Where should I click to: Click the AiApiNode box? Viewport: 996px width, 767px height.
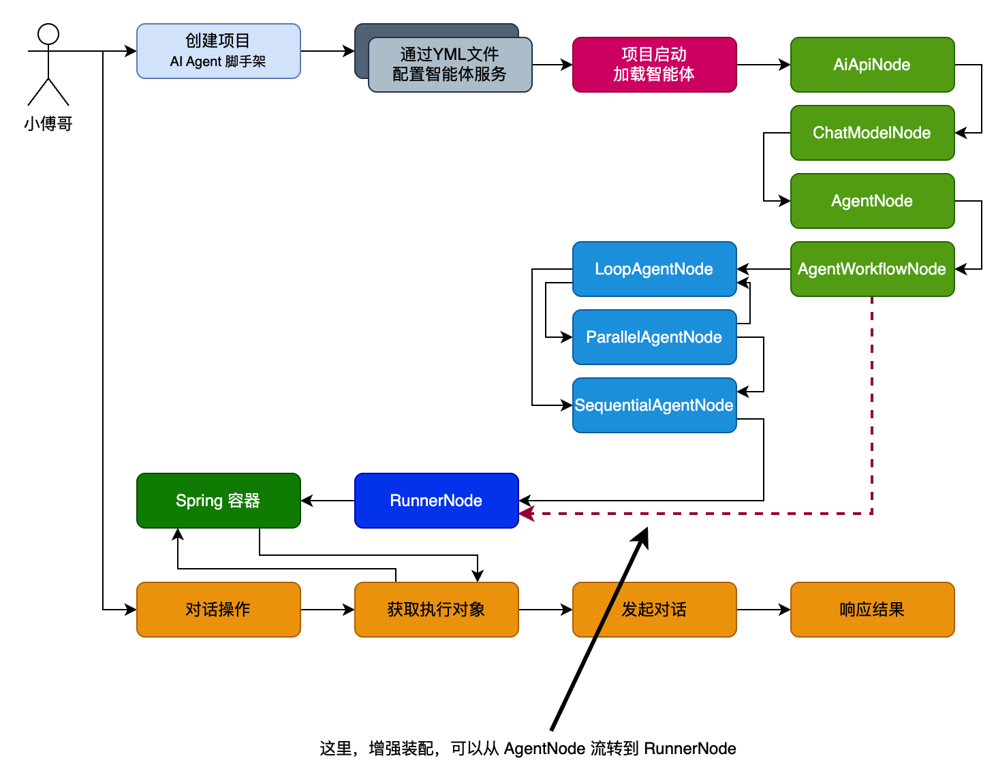pyautogui.click(x=872, y=65)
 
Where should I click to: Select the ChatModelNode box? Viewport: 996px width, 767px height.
pyautogui.click(x=872, y=133)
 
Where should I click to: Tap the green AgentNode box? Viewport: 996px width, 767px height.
pyautogui.click(x=872, y=201)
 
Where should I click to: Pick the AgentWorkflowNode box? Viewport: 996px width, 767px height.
pyautogui.click(x=872, y=269)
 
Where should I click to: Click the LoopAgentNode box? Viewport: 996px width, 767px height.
pyautogui.click(x=654, y=269)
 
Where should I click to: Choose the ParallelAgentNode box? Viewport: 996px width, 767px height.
pyautogui.click(x=654, y=337)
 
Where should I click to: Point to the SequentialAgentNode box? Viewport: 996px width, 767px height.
pyautogui.click(x=654, y=405)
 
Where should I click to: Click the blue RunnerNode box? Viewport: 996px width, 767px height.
pyautogui.click(x=436, y=501)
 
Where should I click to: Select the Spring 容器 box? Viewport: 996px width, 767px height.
pyautogui.click(x=218, y=501)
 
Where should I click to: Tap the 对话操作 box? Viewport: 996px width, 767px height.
pyautogui.click(x=218, y=610)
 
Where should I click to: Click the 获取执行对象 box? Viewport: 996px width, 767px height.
pyautogui.click(x=436, y=610)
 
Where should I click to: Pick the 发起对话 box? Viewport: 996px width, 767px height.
pyautogui.click(x=654, y=610)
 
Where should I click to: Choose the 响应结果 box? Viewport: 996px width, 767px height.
pyautogui.click(x=872, y=610)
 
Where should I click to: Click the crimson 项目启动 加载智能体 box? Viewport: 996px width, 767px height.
pyautogui.click(x=654, y=65)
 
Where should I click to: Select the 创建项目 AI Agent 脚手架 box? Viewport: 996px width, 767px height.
pyautogui.click(x=218, y=51)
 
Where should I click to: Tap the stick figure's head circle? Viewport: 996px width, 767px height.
pyautogui.click(x=48, y=34)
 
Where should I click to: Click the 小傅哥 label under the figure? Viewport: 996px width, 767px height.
pyautogui.click(x=48, y=124)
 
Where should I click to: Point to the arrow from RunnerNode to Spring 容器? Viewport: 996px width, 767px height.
pyautogui.click(x=328, y=501)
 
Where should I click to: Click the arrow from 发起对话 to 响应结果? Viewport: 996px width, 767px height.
pyautogui.click(x=763, y=610)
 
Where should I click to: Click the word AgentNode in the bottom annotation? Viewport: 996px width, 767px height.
pyautogui.click(x=544, y=749)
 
